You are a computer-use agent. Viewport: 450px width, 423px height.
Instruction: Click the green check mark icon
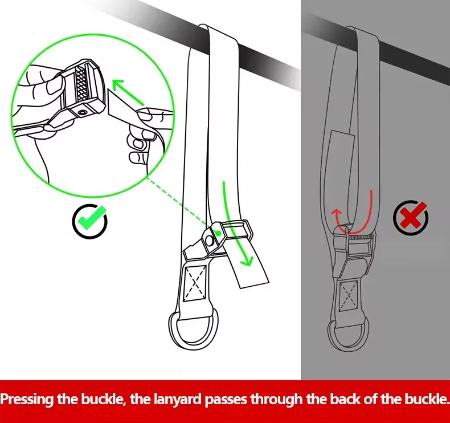90,221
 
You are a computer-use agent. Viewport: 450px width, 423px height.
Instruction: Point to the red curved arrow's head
336,213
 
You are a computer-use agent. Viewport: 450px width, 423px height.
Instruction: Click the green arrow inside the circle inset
128,92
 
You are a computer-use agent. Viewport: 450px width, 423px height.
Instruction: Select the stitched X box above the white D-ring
195,283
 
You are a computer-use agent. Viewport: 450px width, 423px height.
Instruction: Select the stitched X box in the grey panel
349,295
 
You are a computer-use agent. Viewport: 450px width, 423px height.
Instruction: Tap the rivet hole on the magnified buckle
83,112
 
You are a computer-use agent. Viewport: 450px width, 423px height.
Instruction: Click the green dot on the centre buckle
218,233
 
